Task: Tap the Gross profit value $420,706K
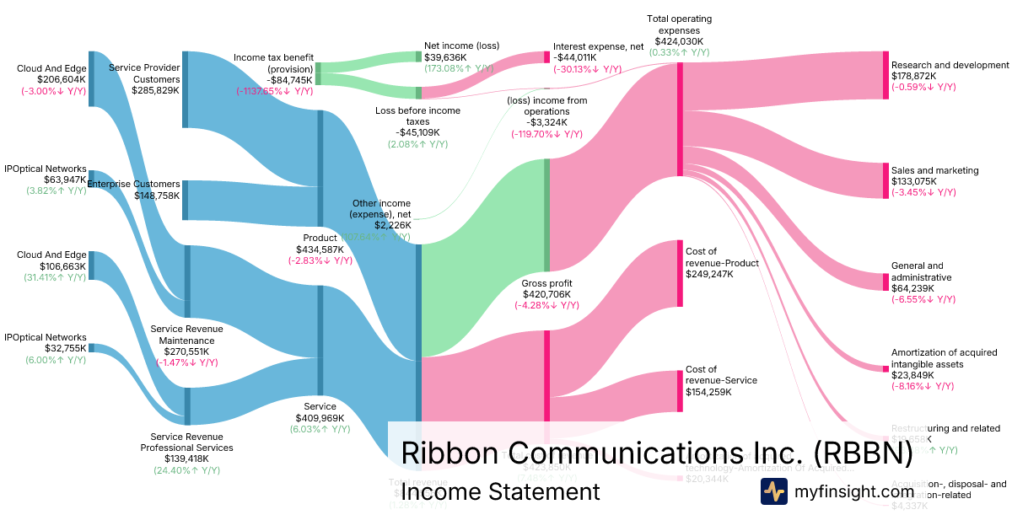coord(546,294)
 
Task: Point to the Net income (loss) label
coord(460,46)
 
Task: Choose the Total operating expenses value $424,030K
coord(679,41)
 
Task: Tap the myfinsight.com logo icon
coord(773,491)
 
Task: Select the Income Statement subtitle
coord(500,491)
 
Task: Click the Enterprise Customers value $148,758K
coord(157,196)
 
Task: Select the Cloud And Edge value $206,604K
coord(51,80)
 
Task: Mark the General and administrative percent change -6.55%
coord(923,299)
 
